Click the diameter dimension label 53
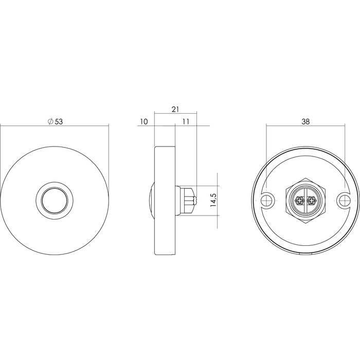coord(59,121)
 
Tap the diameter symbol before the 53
coord(50,121)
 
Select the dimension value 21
coord(175,109)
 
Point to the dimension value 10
coord(143,122)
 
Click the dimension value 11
coord(186,122)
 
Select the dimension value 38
coord(305,122)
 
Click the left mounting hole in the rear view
coord(267,200)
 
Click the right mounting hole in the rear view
coord(344,200)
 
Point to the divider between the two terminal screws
coord(305,200)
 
